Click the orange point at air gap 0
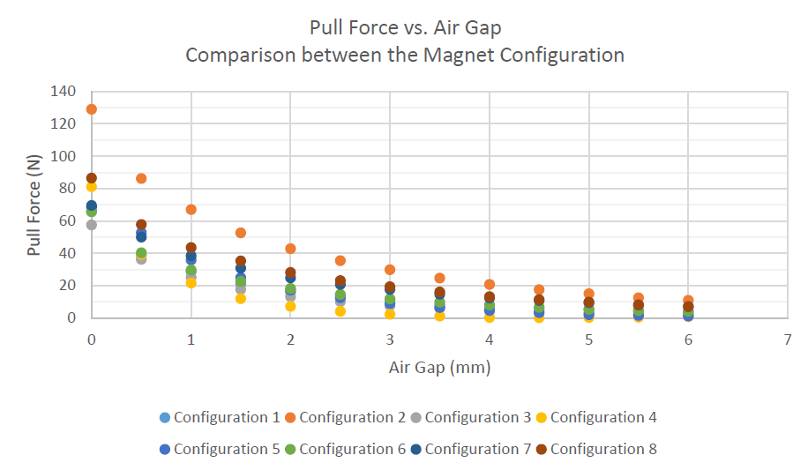coord(91,109)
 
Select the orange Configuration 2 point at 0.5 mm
coord(141,179)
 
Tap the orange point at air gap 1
coord(191,210)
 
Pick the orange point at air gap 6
coord(688,301)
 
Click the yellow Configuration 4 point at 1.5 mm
coord(241,299)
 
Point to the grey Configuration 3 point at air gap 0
coord(91,225)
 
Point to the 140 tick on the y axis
coord(64,92)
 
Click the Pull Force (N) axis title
coord(34,205)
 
